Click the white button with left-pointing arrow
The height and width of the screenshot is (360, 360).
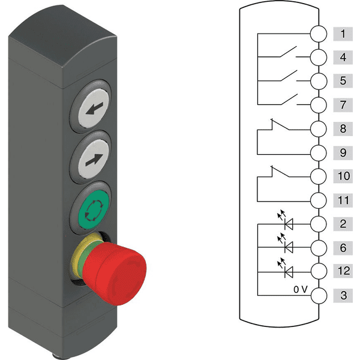(94, 108)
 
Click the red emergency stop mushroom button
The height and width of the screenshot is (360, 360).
(115, 274)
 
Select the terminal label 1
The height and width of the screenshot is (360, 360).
(343, 34)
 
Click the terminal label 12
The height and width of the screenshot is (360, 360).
(343, 271)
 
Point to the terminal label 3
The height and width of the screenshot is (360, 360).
(343, 295)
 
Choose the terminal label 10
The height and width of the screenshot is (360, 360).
(343, 176)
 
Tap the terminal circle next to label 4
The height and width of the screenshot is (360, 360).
(319, 57)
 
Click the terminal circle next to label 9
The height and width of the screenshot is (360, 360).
(319, 152)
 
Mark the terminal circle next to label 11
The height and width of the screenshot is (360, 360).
(319, 200)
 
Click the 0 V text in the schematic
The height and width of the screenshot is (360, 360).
(301, 290)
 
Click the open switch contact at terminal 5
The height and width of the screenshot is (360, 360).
(289, 76)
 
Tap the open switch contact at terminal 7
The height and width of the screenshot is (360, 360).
(289, 100)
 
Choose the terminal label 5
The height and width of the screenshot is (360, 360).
(343, 81)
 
